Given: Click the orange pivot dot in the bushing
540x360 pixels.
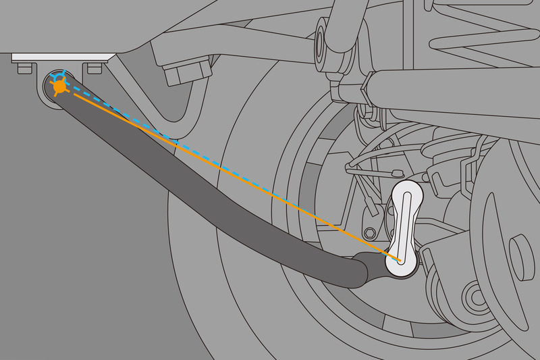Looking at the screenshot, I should coord(59,86).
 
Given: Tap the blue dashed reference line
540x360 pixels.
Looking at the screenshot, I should coord(223,160).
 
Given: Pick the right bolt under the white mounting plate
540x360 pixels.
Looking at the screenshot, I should coord(94,68).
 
